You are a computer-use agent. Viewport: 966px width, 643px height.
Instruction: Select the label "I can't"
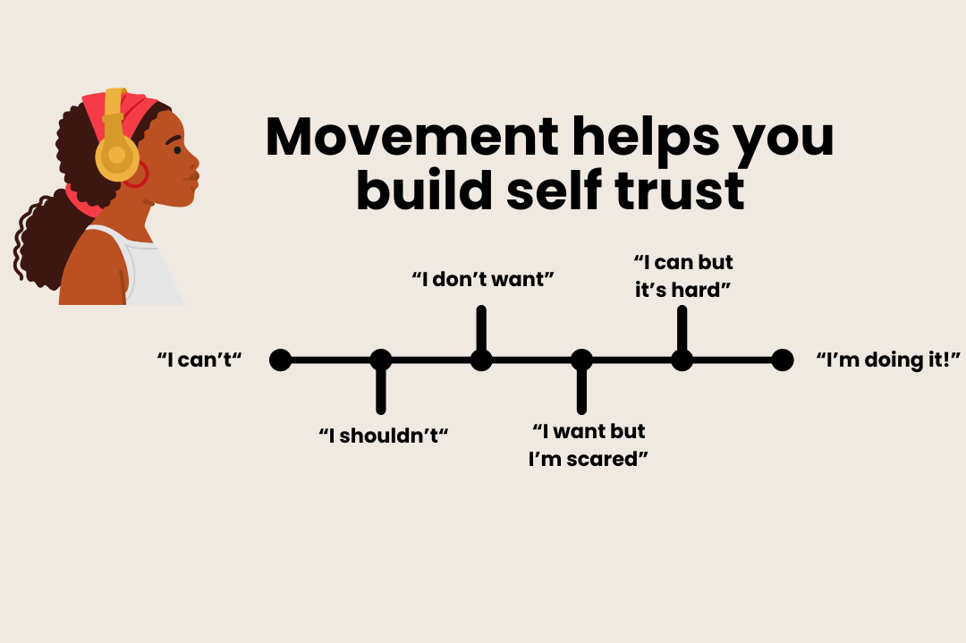[x=200, y=360]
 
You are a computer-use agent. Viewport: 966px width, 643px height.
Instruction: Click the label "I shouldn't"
[x=383, y=436]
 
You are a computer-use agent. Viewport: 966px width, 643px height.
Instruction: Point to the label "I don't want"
[x=483, y=279]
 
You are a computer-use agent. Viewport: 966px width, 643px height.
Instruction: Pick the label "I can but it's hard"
[x=683, y=276]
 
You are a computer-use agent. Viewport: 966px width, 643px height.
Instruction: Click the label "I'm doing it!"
[x=888, y=360]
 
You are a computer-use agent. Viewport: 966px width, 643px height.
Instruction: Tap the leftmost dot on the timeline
[x=281, y=360]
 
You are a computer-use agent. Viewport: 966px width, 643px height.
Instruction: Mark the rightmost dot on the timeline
[x=783, y=360]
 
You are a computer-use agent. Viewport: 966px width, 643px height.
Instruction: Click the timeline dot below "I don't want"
[x=481, y=360]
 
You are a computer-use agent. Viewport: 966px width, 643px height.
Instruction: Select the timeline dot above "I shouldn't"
[x=381, y=360]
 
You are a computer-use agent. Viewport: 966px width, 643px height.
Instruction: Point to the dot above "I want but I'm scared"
[x=581, y=360]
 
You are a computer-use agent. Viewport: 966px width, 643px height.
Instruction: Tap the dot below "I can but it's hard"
[x=682, y=360]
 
